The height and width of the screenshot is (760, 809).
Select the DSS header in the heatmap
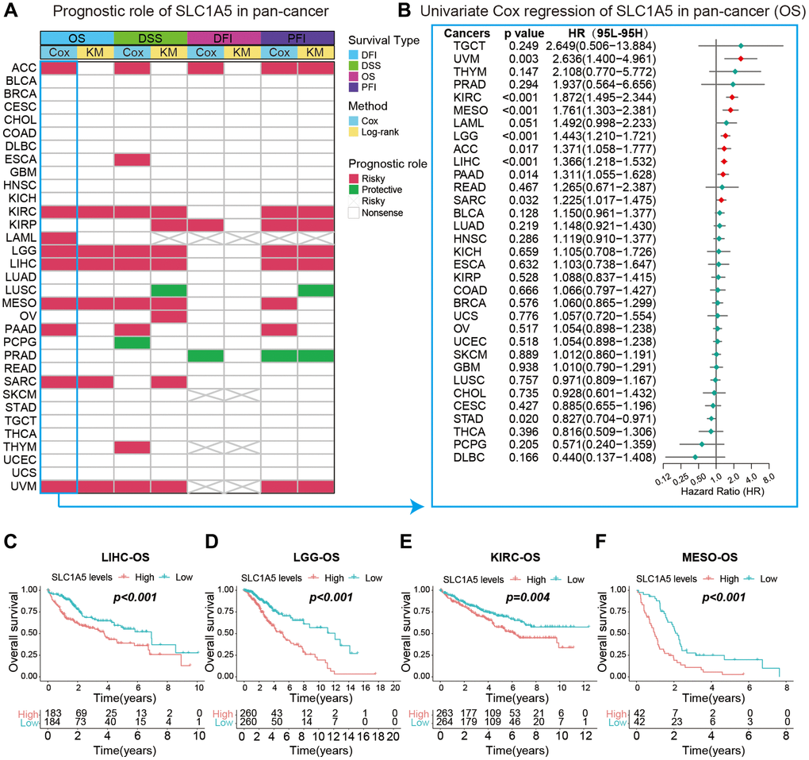pyautogui.click(x=150, y=38)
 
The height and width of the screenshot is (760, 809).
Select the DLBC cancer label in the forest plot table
pyautogui.click(x=466, y=457)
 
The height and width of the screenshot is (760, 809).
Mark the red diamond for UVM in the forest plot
pyautogui.click(x=741, y=59)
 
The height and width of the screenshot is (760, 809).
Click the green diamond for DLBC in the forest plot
pyautogui.click(x=696, y=457)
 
